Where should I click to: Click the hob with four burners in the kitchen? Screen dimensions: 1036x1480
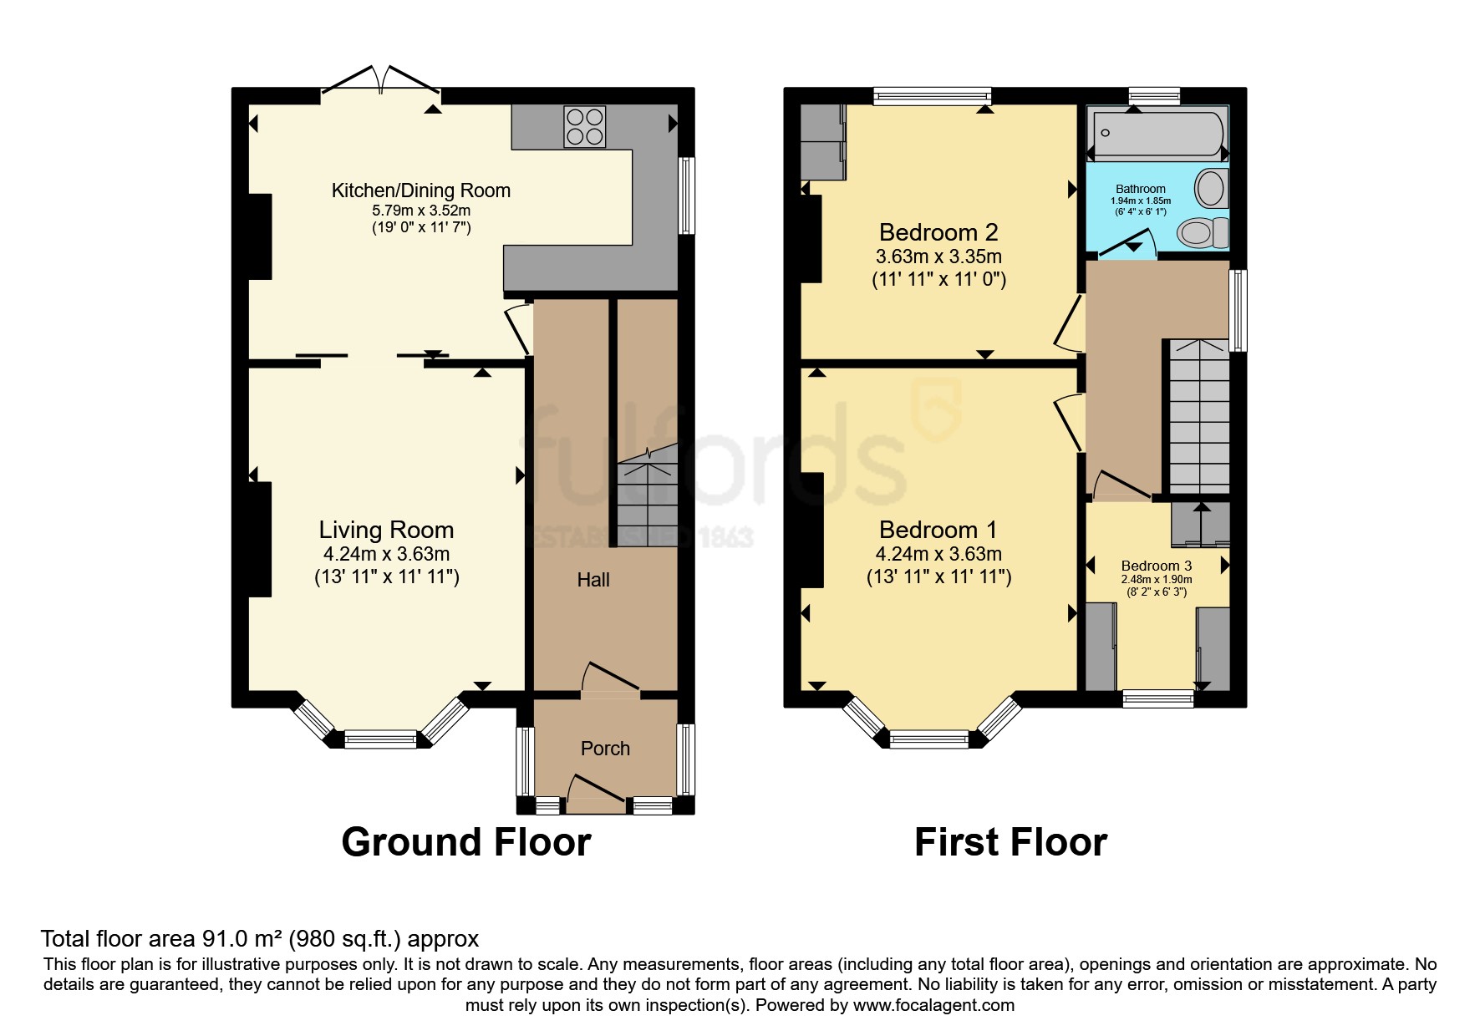[584, 127]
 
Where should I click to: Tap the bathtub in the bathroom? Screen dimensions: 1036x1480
[1157, 134]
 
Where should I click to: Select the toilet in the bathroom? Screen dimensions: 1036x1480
[1204, 232]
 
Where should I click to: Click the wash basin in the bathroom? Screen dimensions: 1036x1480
[1209, 188]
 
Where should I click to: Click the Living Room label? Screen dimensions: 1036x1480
[386, 530]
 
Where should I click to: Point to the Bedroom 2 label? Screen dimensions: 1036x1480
[938, 232]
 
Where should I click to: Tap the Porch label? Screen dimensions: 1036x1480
[605, 749]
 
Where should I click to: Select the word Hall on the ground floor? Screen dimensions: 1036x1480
[593, 580]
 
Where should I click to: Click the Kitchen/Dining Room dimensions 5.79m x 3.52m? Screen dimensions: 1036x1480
[421, 211]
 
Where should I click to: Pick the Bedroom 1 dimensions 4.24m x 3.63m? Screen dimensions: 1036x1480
[938, 554]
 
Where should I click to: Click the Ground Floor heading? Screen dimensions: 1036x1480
[465, 842]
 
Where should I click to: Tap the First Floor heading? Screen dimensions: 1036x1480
[1010, 842]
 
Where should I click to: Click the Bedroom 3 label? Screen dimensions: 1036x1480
[1157, 566]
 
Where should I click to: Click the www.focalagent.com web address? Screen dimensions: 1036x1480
[933, 1005]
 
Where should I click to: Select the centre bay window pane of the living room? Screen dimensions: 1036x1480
[380, 739]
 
